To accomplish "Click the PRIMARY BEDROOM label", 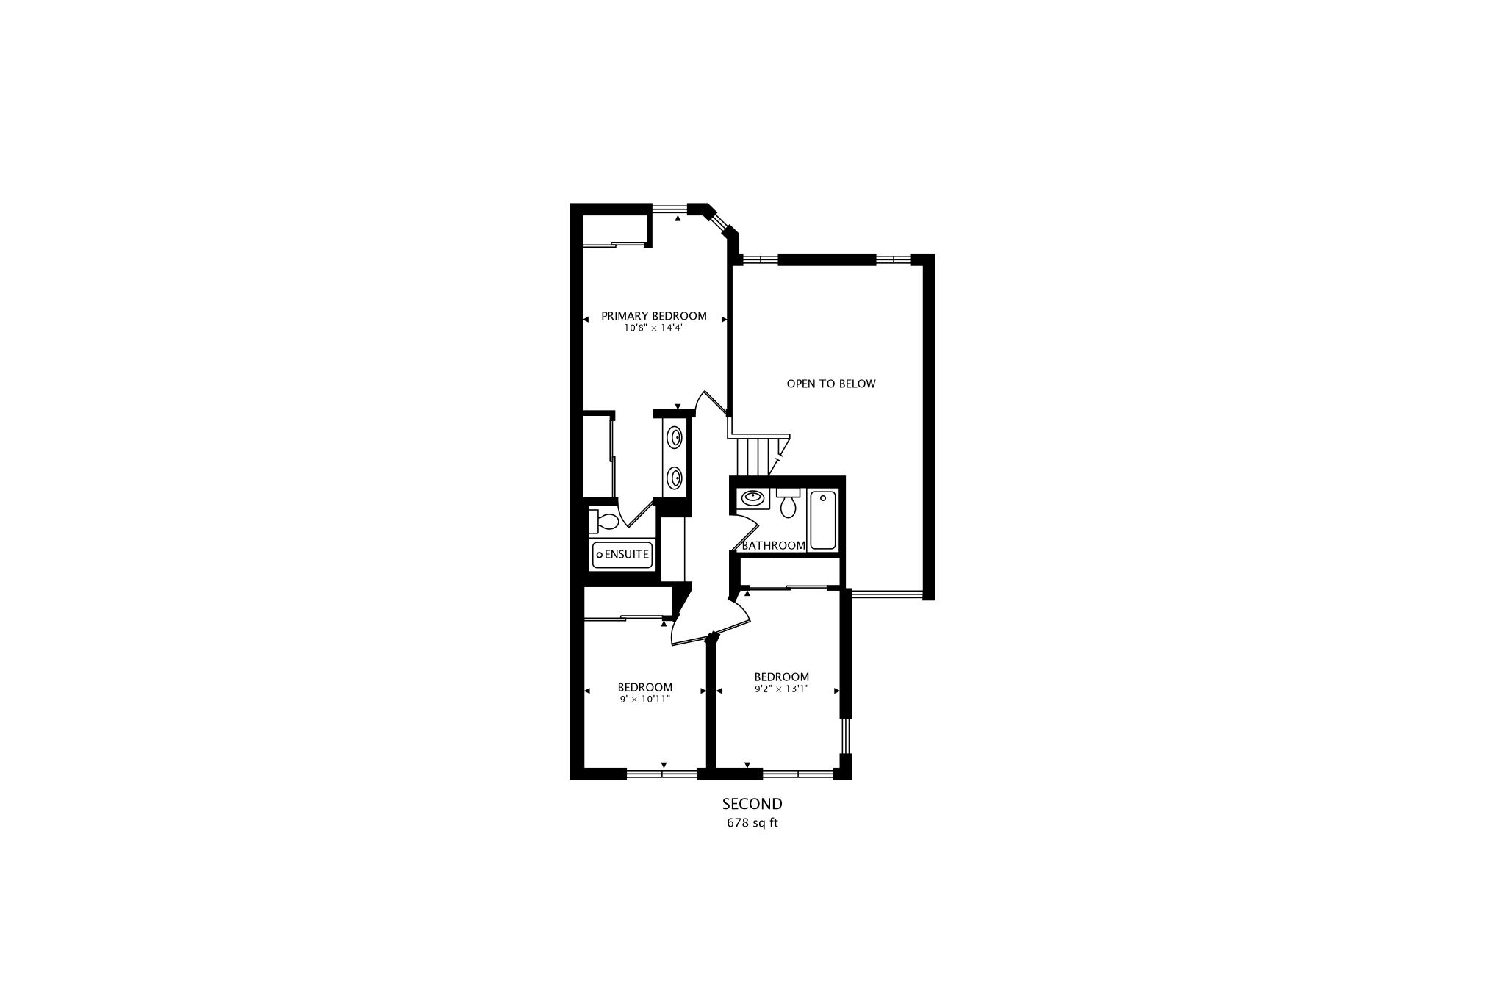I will click(653, 316).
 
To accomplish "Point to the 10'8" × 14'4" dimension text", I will click(653, 328).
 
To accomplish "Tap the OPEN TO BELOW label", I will click(830, 384).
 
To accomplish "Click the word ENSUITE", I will click(627, 554).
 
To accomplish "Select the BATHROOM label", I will click(773, 545).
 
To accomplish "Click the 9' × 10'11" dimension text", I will click(644, 700).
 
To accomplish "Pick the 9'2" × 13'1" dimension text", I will click(781, 689).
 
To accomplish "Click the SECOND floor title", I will click(752, 804).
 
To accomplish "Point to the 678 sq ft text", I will click(752, 823).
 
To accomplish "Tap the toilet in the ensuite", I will click(605, 521).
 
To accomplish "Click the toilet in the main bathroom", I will click(788, 503).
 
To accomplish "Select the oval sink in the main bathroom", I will click(752, 497).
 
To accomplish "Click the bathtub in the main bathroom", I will click(823, 520).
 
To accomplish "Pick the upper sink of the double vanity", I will click(675, 437).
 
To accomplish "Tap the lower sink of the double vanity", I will click(675, 478).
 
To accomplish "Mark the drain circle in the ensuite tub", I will click(600, 555).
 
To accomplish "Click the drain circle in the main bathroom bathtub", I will click(823, 498).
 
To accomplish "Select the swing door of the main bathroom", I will click(746, 531).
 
